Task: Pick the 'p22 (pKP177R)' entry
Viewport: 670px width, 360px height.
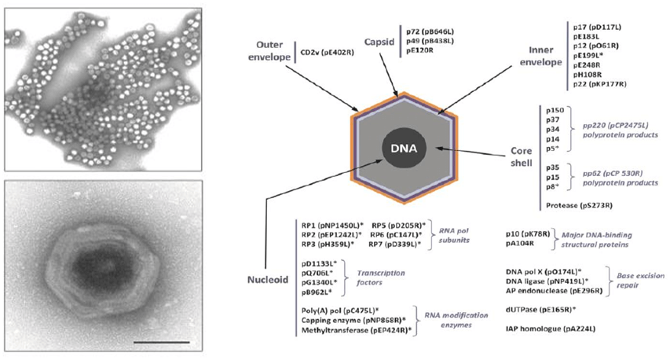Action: coord(601,83)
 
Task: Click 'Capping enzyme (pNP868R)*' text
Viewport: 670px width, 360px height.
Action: coord(340,321)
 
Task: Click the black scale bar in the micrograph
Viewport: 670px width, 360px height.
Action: coord(167,342)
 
